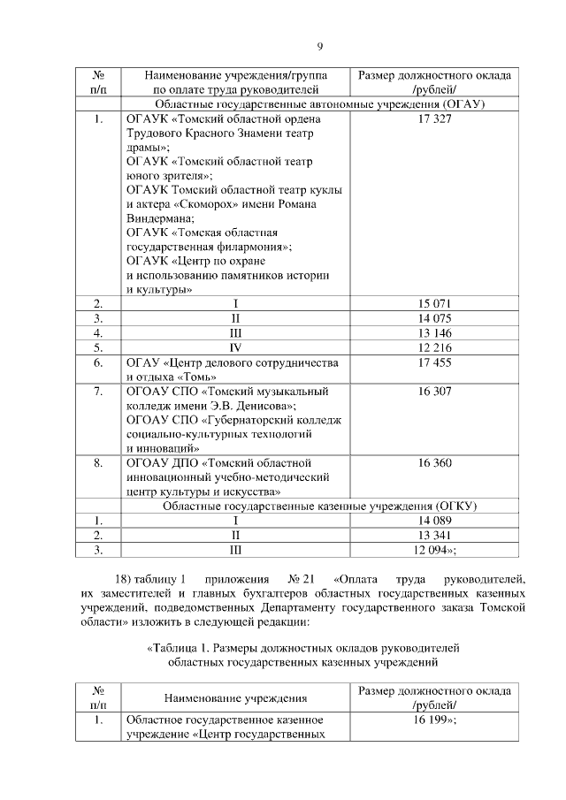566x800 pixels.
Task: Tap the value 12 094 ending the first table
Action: tap(434, 550)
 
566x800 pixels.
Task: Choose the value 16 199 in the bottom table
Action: tap(434, 720)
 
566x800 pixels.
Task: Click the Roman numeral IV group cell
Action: tap(236, 347)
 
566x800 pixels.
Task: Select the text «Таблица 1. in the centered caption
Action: tap(182, 648)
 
